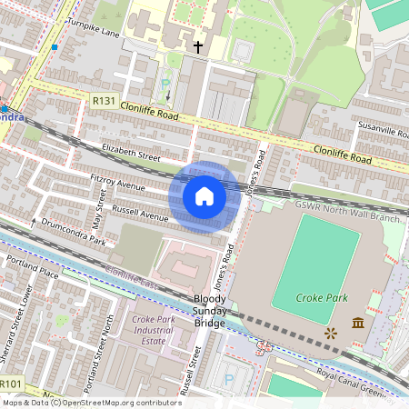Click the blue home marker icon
click(204, 196)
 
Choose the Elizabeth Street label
click(131, 151)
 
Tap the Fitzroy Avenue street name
click(118, 183)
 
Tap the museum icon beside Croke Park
click(357, 324)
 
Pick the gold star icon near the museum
click(330, 334)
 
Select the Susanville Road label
click(381, 132)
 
